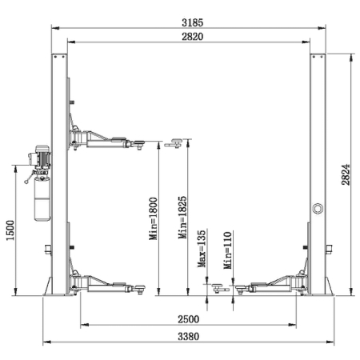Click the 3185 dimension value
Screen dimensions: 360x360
click(x=192, y=22)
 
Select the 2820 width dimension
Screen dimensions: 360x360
click(x=192, y=37)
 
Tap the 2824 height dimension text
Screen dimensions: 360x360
click(x=346, y=174)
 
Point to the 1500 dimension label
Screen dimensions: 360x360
click(x=10, y=230)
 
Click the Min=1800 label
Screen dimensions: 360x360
click(x=154, y=218)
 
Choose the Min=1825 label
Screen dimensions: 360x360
click(x=182, y=218)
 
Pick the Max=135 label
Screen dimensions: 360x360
click(x=202, y=249)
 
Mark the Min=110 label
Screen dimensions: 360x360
click(x=228, y=250)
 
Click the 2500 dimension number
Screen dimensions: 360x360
click(x=189, y=319)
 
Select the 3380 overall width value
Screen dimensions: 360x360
click(x=189, y=337)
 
